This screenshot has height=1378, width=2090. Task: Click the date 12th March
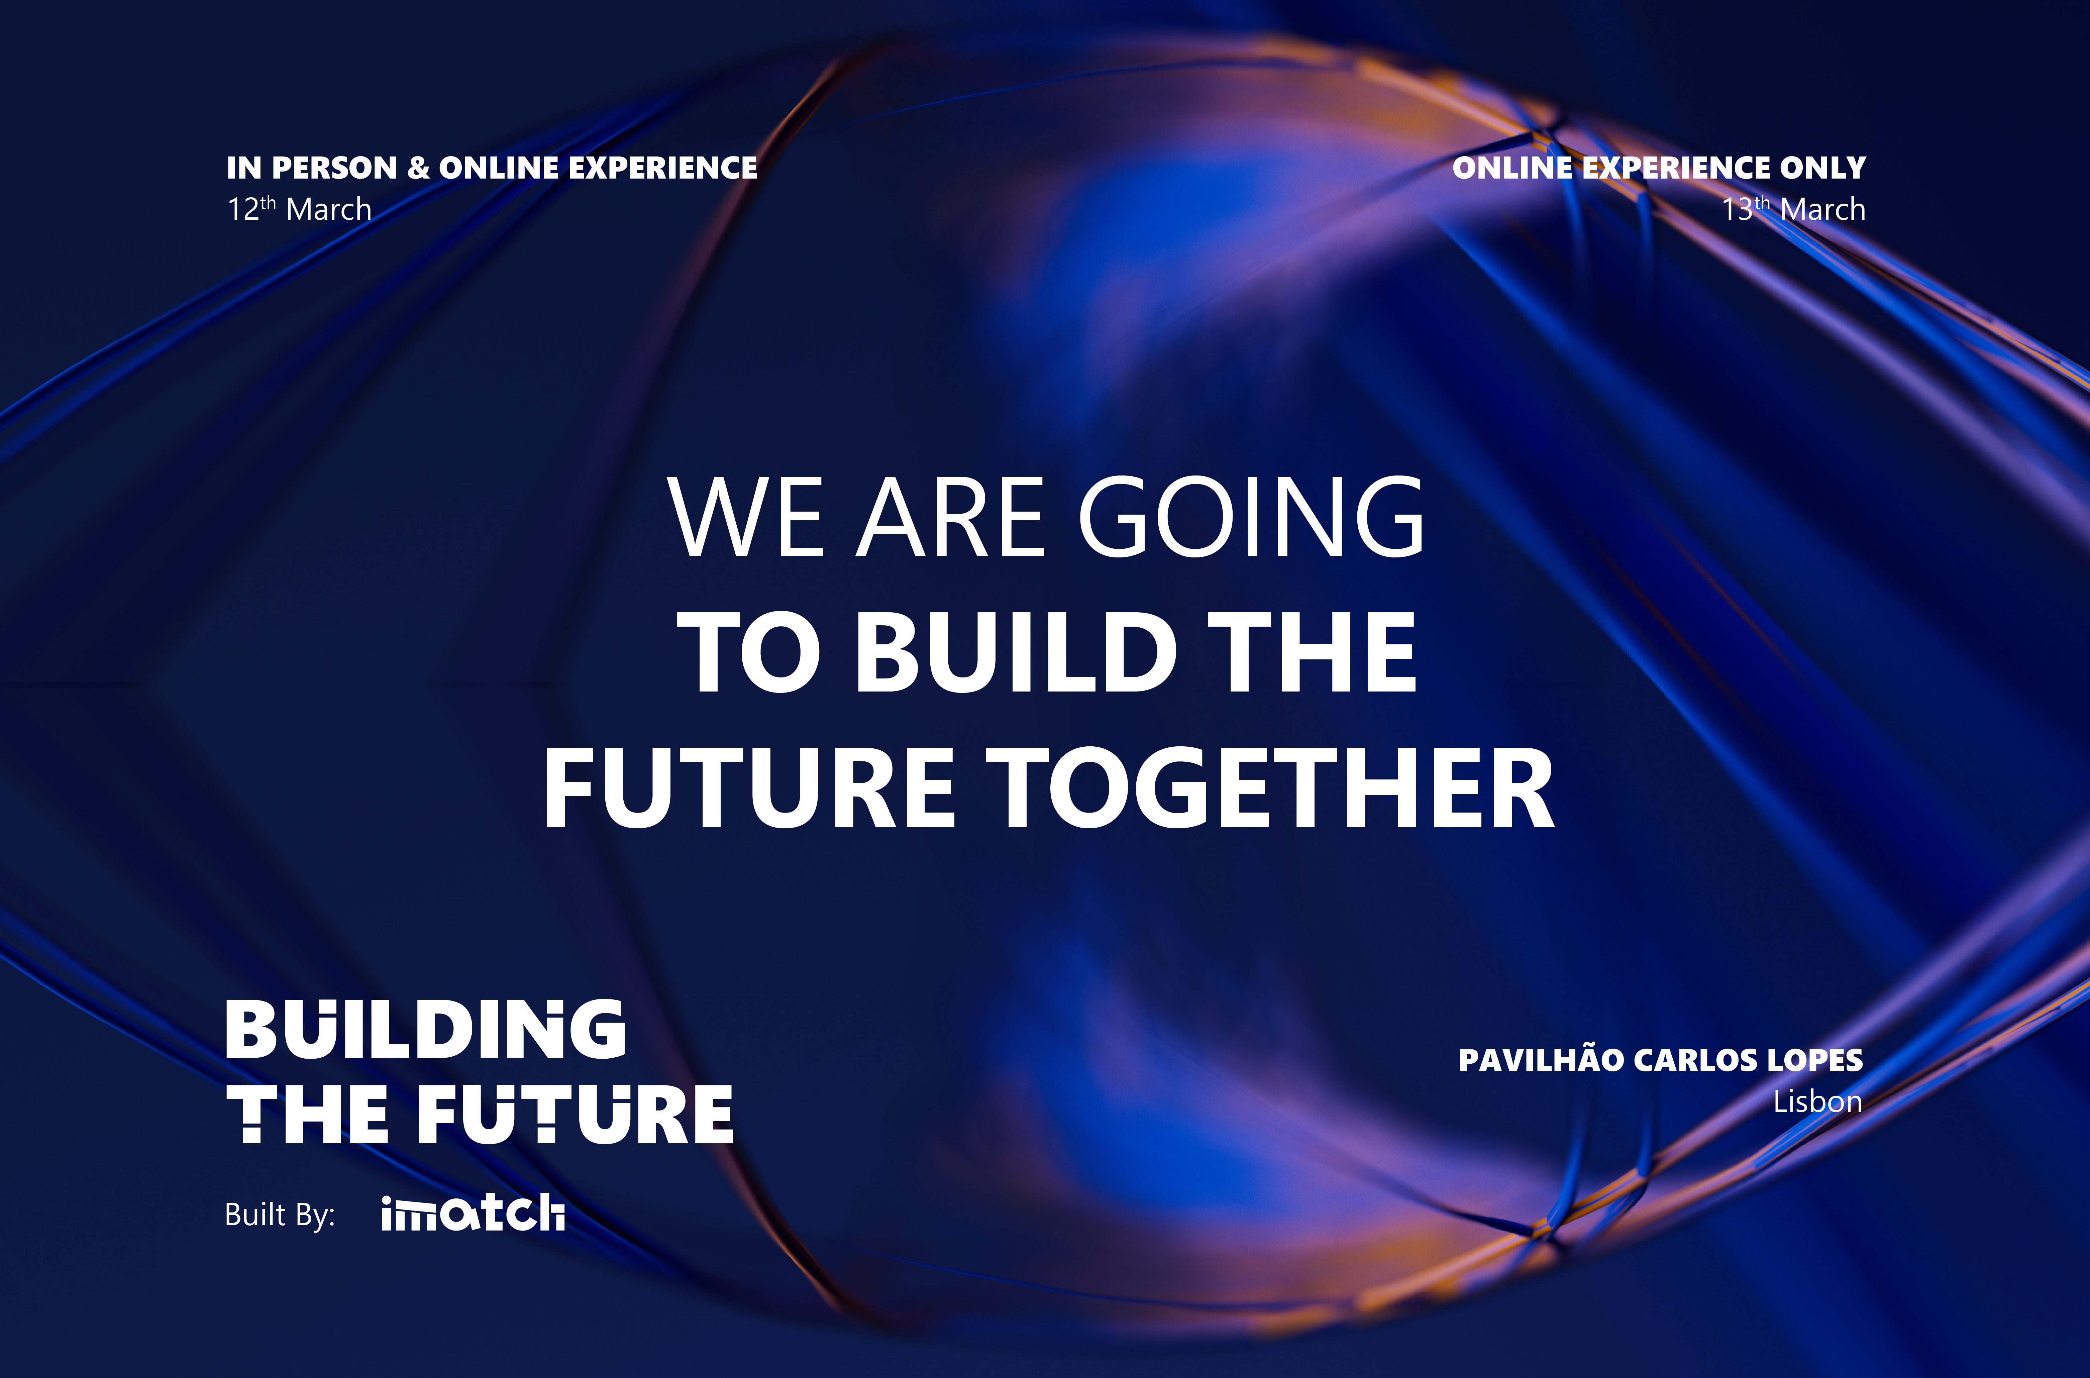pos(299,209)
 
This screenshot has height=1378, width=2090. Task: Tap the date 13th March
pos(1793,209)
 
